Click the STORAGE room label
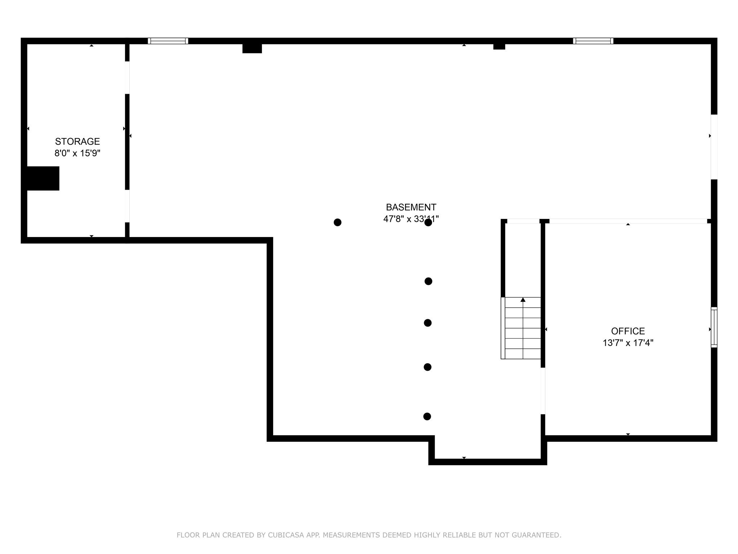coord(77,141)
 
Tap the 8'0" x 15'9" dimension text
coord(77,153)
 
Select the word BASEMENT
coord(411,207)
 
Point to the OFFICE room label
coord(628,331)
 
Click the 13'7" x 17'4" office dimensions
coord(628,343)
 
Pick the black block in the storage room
coord(43,178)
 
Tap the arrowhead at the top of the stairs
coord(523,300)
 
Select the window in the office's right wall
coord(714,327)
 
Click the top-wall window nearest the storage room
coord(168,41)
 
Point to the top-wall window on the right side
coord(593,41)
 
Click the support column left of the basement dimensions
coord(338,223)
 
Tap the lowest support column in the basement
coord(427,417)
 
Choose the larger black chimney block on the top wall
coord(252,48)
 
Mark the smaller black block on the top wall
coord(499,47)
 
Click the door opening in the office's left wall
coord(543,391)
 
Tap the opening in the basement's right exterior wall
coord(714,147)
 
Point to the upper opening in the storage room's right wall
coord(127,78)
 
